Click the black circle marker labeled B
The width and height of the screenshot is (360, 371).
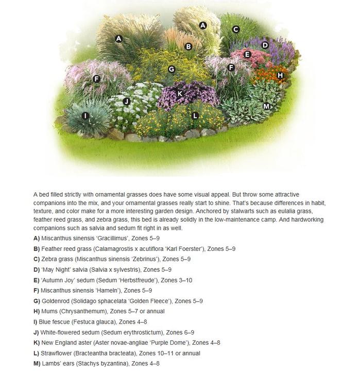pos(188,46)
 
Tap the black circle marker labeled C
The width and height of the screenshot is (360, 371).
pos(236,29)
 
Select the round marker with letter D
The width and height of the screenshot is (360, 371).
pos(265,45)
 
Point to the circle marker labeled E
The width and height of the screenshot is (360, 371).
pos(247,54)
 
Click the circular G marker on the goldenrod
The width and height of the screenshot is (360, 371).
pos(172,69)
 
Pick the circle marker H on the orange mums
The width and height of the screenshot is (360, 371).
pos(280,75)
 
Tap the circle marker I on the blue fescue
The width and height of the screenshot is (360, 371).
pos(85,116)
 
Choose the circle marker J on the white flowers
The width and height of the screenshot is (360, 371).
pos(126,102)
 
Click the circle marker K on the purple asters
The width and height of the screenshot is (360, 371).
pos(180,93)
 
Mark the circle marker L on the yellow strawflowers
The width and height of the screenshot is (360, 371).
pos(195,116)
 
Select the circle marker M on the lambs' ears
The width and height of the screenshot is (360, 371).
pos(266,106)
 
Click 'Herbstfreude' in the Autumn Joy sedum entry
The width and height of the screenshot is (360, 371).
pos(138,280)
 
